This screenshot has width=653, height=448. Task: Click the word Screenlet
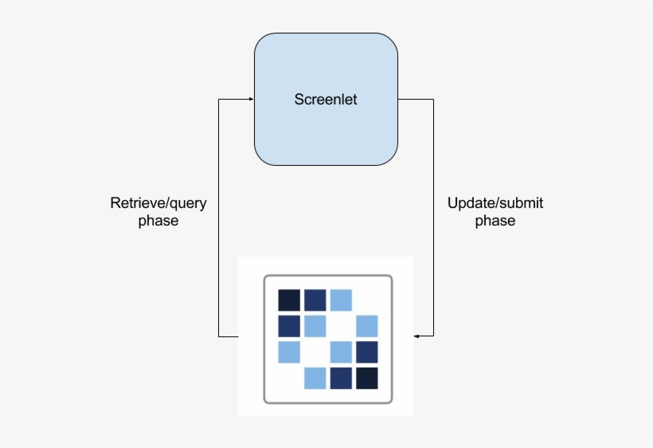point(326,100)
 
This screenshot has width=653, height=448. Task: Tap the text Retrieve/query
point(158,203)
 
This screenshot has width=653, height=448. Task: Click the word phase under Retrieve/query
point(158,221)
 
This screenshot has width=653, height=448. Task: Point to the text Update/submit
point(495,203)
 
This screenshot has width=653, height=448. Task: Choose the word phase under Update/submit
point(495,221)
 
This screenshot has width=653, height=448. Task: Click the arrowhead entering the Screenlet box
point(250,99)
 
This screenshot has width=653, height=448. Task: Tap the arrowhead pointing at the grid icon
point(417,336)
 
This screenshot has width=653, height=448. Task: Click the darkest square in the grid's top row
point(289,300)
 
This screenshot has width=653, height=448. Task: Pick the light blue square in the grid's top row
point(341,300)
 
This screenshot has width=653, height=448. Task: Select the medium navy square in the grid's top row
point(315,300)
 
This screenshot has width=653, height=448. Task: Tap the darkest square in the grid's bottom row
point(367,378)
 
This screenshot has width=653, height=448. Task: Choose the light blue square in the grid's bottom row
point(315,378)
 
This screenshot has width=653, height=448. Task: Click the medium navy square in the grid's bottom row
point(341,378)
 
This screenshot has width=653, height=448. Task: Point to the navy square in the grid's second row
point(289,326)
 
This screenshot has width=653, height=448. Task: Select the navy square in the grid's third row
point(367,352)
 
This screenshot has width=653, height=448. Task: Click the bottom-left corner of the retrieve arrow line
point(219,336)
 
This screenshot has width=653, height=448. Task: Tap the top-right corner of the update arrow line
point(434,100)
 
